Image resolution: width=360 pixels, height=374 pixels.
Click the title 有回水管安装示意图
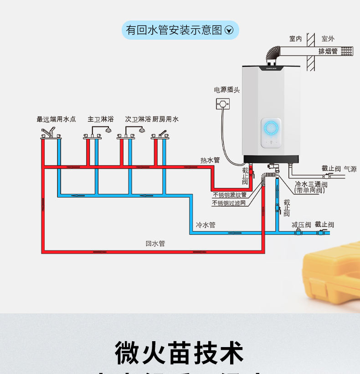(174, 30)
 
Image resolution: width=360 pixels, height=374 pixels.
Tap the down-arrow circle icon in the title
(230, 31)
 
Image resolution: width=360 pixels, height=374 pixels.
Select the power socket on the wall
(222, 104)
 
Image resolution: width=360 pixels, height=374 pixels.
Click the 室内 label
(295, 39)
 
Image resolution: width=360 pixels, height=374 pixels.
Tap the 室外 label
(328, 39)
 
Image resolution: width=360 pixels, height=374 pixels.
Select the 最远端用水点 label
(56, 119)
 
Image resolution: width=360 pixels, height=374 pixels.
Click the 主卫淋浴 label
(100, 119)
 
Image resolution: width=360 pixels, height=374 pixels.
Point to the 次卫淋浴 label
(138, 119)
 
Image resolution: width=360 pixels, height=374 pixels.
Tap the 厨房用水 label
(165, 119)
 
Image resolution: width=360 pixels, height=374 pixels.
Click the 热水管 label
(210, 160)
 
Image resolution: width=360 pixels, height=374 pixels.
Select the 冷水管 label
(205, 225)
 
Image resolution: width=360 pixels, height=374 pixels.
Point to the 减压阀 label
(301, 225)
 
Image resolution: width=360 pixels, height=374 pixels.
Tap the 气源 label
(350, 169)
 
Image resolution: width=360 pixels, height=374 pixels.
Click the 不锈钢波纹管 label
(229, 195)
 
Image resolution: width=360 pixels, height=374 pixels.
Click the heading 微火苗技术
(180, 353)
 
